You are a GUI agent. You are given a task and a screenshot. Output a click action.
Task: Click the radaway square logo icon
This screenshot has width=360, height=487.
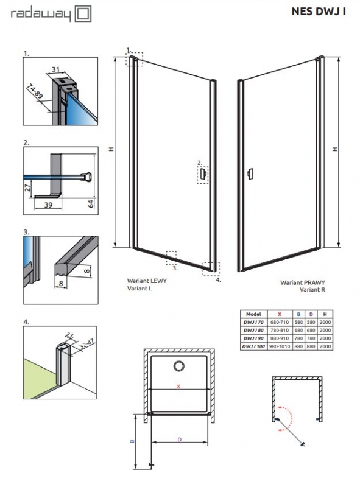pos(83,14)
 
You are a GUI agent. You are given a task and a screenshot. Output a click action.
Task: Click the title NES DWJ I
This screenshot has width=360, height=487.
pos(319,11)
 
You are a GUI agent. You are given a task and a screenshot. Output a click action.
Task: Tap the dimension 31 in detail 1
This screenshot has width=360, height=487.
pos(56,69)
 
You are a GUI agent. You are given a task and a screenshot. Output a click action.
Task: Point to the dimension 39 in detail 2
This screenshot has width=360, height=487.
pos(48,205)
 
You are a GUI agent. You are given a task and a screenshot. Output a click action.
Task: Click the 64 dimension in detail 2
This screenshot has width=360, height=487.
pos(91,204)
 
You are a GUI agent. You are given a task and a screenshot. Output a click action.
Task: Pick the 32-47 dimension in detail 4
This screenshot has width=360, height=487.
pos(86,345)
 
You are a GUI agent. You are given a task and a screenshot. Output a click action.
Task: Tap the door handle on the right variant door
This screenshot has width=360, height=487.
pos(250,174)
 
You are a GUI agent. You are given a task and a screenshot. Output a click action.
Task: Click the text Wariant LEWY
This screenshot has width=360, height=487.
pos(147,281)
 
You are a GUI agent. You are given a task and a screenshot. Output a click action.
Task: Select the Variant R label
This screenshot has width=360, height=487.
pos(312,290)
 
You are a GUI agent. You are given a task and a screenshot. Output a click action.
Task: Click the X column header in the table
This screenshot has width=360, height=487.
pos(280,314)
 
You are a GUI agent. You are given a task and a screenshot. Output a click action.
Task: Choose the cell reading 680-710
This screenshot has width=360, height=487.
pos(280,322)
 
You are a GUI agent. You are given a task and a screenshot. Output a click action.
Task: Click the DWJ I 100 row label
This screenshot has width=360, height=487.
pos(253,346)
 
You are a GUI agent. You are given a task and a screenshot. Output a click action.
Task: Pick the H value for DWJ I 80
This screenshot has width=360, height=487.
pos(325,330)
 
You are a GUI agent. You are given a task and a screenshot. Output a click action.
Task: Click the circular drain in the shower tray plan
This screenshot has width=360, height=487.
pos(178,366)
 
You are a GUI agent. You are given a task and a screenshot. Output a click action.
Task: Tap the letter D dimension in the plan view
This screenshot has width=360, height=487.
pos(179,440)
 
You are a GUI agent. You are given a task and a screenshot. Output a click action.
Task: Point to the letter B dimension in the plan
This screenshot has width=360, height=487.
pos(132,441)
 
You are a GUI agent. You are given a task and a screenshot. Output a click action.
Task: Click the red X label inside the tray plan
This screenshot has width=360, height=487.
pos(178,387)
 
